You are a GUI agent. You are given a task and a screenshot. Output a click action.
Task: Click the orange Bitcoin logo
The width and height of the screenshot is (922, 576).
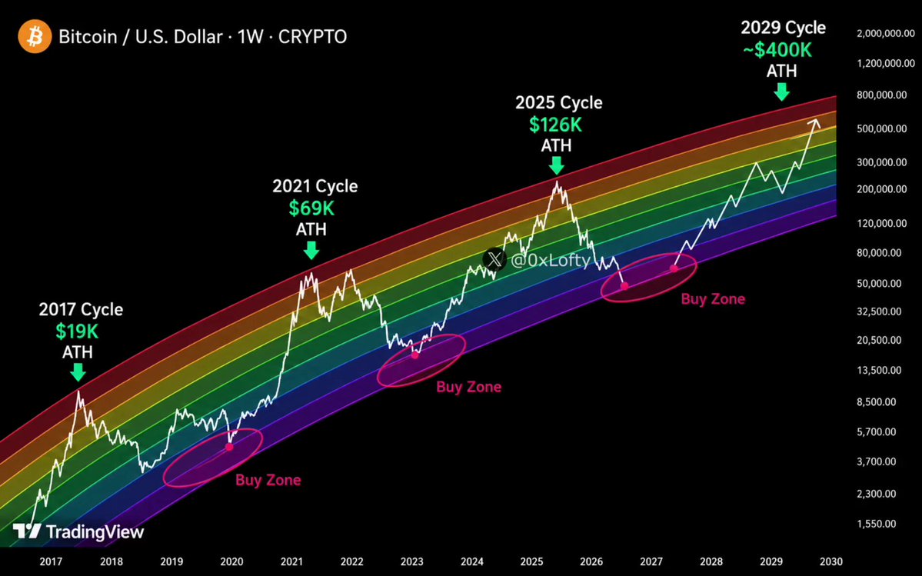[x=35, y=36]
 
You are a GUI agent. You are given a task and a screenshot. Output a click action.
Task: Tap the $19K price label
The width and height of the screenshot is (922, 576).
[x=77, y=331]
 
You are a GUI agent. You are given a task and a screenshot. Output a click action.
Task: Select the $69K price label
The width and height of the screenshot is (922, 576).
[x=311, y=208]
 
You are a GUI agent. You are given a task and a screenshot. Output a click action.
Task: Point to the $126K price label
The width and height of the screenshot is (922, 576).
[x=556, y=125]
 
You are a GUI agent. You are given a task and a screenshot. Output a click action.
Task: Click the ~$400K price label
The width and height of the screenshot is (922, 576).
[x=777, y=50]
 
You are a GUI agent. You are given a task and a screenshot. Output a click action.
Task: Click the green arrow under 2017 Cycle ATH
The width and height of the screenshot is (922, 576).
[x=77, y=372]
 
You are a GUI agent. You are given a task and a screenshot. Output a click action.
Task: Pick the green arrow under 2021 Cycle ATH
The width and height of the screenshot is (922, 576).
[x=311, y=251]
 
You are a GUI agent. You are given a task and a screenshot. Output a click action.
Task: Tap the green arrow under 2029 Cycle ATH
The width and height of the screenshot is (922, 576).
[x=781, y=92]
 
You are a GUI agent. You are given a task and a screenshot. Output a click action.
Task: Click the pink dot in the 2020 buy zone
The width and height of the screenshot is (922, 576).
[x=229, y=448]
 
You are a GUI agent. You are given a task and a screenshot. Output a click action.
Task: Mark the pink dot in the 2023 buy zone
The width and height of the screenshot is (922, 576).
[x=414, y=355]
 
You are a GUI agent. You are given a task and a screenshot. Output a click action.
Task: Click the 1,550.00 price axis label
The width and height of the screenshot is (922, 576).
[x=881, y=524]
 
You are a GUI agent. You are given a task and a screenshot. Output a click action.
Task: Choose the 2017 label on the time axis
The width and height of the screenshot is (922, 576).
[x=52, y=561]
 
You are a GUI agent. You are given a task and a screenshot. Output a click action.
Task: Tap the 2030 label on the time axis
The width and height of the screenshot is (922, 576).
[x=831, y=561]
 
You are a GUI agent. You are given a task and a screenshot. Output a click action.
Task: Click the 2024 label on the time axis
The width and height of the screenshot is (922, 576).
[x=472, y=561]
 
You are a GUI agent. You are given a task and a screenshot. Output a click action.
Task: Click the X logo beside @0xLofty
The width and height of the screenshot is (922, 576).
[x=494, y=259]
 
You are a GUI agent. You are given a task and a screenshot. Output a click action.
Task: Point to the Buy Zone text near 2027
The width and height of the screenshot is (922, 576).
[x=713, y=299]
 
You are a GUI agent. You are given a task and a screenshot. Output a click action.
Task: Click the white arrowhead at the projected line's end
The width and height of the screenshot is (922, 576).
[x=814, y=122]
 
